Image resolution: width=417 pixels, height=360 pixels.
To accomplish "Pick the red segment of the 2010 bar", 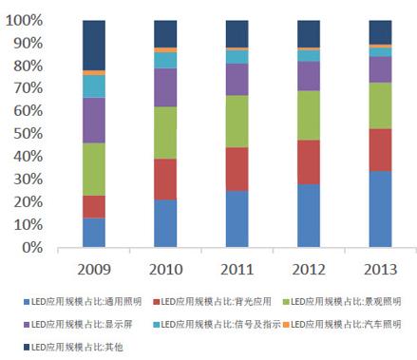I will pos(165,179).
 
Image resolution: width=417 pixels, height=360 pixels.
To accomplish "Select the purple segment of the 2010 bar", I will pos(165,87).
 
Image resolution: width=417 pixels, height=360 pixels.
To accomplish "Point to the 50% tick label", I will pos(27,134).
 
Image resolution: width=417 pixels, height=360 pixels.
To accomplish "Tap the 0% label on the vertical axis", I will pos(30,248).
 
